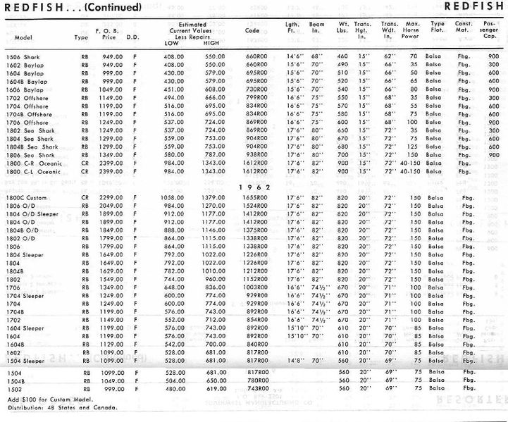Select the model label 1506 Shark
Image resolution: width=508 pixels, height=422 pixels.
(23, 56)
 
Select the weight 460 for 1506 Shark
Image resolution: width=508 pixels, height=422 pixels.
(343, 56)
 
